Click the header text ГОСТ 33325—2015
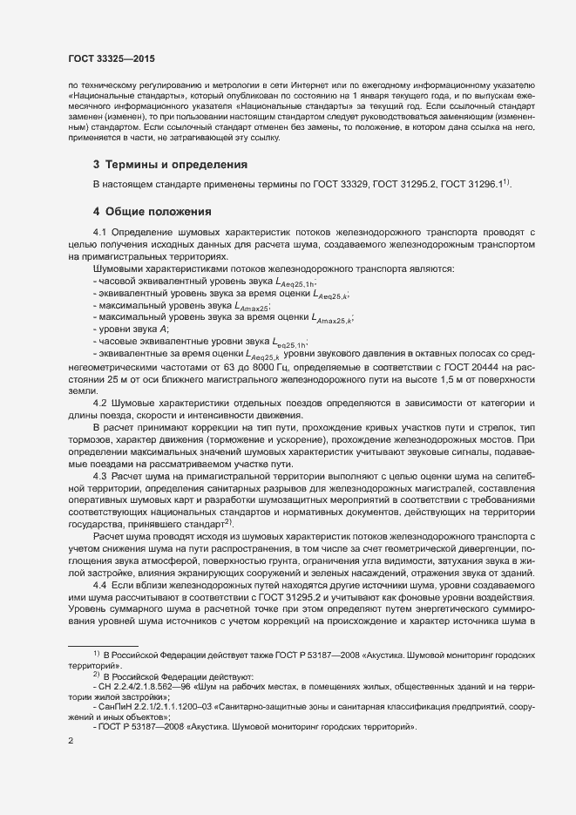[x=111, y=57]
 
